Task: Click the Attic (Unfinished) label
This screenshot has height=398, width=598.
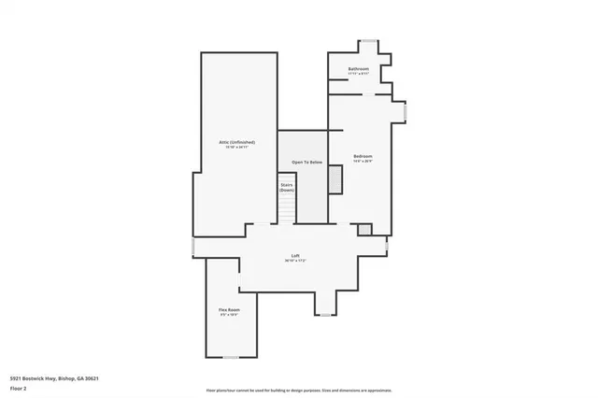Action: [237, 142]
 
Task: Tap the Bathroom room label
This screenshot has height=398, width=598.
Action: [359, 69]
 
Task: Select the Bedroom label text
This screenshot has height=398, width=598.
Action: [363, 155]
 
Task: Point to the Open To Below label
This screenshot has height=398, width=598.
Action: [306, 163]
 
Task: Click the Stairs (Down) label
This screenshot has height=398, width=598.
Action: [286, 187]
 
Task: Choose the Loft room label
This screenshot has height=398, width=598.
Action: [295, 255]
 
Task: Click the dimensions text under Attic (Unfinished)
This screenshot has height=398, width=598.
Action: [237, 148]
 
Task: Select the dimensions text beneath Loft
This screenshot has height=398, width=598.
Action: [295, 261]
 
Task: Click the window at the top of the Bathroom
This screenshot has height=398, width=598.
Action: [370, 40]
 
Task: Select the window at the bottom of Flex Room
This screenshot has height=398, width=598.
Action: [230, 357]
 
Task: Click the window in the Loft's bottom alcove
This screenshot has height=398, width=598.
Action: [325, 315]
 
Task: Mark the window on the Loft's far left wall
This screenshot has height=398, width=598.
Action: [192, 245]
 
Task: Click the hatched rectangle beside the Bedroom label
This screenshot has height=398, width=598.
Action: [335, 178]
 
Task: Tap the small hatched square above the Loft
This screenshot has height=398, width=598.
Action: [364, 229]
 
